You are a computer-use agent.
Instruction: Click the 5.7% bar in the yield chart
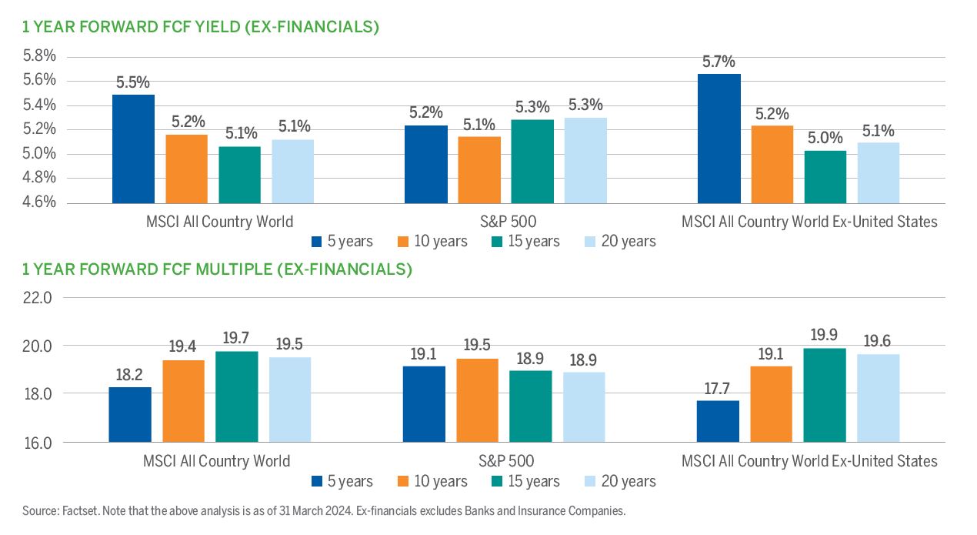719,139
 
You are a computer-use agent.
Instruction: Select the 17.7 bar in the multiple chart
719,421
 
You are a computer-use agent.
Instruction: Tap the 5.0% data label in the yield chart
825,138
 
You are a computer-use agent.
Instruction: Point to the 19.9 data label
825,335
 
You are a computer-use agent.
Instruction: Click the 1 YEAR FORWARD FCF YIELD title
201,28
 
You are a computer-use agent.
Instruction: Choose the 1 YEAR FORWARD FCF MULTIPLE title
217,269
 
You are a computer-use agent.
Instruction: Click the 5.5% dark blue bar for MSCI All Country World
133,149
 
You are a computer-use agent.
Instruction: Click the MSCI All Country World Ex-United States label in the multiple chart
809,461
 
